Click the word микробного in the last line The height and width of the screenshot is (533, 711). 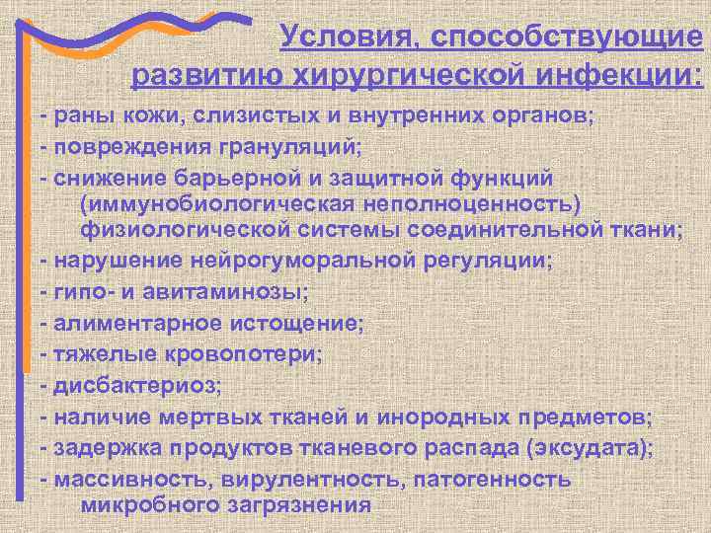point(137,504)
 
